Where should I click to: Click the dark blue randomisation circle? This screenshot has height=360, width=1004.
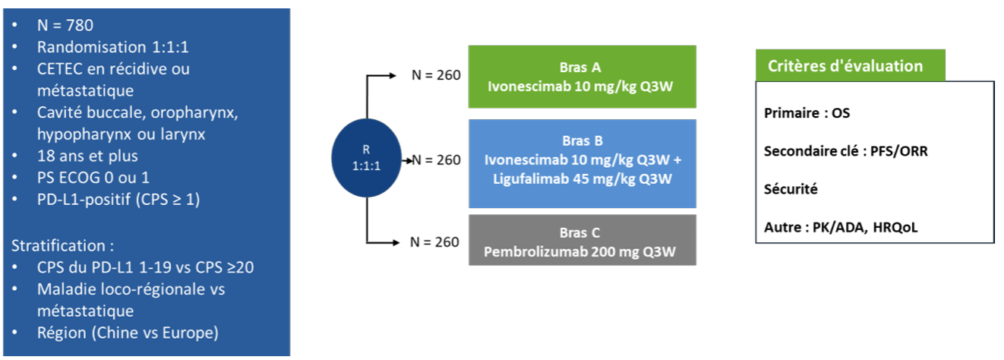pyautogui.click(x=368, y=159)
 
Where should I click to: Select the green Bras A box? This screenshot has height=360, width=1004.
pyautogui.click(x=582, y=76)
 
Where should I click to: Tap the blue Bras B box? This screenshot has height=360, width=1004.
pyautogui.click(x=582, y=163)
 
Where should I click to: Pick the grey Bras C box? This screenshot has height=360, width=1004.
pyautogui.click(x=582, y=240)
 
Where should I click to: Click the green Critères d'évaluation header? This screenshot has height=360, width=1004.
pyautogui.click(x=850, y=66)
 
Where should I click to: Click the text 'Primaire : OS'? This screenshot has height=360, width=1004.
pyautogui.click(x=807, y=113)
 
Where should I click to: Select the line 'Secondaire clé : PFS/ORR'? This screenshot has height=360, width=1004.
pyautogui.click(x=845, y=151)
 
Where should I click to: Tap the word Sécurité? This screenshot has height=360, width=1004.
pyautogui.click(x=791, y=189)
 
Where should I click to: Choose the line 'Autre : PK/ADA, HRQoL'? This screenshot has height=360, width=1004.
pyautogui.click(x=841, y=227)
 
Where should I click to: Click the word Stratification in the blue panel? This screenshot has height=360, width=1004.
pyautogui.click(x=57, y=246)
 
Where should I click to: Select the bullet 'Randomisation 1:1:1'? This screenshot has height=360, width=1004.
pyautogui.click(x=112, y=47)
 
